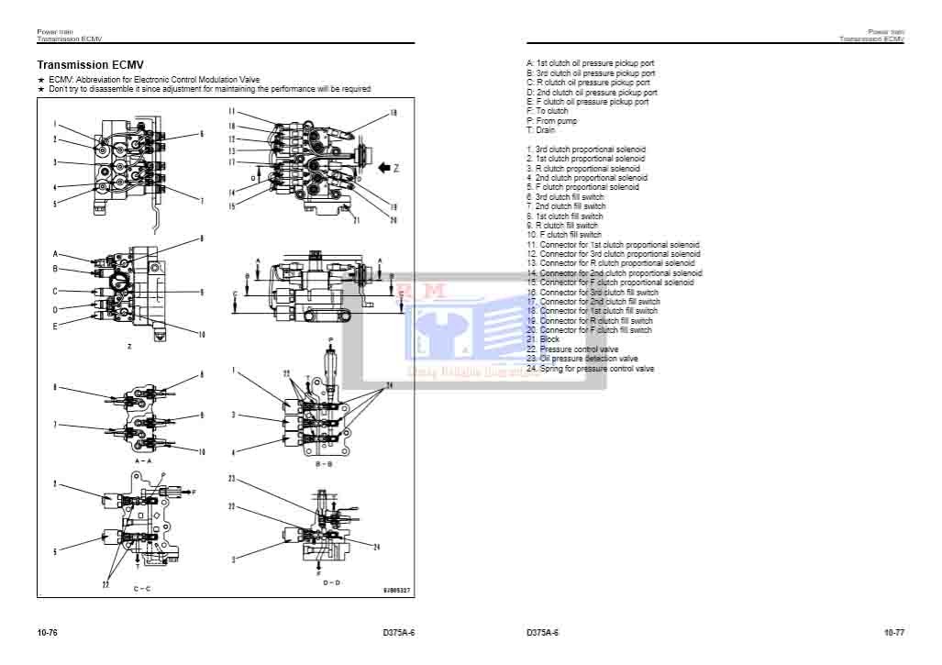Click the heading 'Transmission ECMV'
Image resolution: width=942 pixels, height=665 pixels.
pos(90,66)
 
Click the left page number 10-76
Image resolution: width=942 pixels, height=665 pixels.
pos(48,633)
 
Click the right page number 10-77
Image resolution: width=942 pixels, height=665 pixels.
pos(894,633)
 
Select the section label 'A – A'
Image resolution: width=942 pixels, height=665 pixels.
pos(142,460)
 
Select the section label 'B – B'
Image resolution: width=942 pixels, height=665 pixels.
pos(323,464)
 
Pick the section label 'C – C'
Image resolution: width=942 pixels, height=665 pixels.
pos(142,587)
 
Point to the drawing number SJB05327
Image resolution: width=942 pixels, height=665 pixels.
pos(396,590)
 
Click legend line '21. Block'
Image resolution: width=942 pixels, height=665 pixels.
pos(543,339)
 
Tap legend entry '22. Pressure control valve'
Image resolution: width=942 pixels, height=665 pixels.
pos(572,349)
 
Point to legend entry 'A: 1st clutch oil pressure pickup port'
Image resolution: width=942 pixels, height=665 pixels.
pos(590,63)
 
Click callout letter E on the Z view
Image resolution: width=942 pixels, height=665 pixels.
pos(55,326)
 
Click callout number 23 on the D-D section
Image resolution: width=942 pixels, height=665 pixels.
pos(233,479)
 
